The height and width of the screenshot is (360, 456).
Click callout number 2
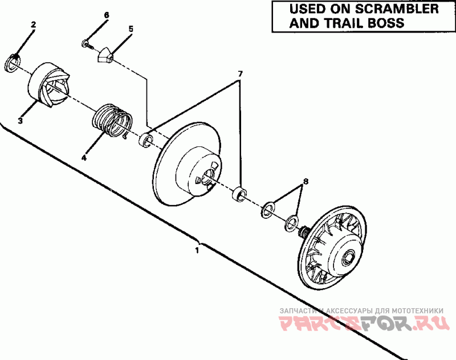click(x=34, y=25)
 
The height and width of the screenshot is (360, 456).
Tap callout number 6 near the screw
click(x=107, y=15)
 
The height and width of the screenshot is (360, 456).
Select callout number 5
click(x=131, y=28)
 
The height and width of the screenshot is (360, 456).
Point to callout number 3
click(x=20, y=120)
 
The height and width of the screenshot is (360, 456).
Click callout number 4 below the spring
click(x=84, y=158)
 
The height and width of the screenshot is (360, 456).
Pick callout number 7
click(x=239, y=74)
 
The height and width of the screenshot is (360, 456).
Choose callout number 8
click(x=306, y=182)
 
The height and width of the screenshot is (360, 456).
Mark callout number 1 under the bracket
click(x=197, y=250)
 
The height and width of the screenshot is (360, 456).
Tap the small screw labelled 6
click(x=87, y=44)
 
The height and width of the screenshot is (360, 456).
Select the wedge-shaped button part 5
click(x=105, y=55)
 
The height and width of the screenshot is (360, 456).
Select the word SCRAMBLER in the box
click(x=397, y=9)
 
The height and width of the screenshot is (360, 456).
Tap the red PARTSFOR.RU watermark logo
click(x=363, y=323)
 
